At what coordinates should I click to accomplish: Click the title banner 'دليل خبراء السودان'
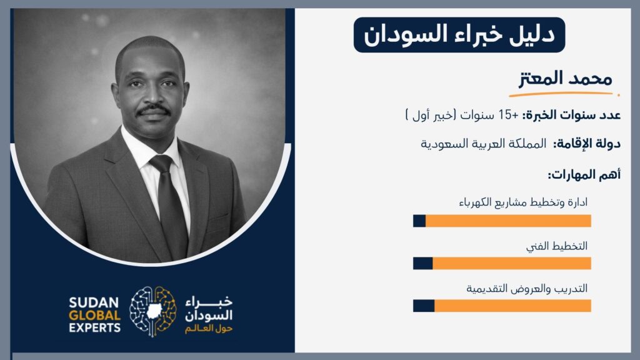coord(459,35)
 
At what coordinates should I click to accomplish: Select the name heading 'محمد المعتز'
coord(565,79)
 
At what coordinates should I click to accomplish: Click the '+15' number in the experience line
coord(509,115)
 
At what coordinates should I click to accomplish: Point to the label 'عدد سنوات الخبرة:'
coord(571,116)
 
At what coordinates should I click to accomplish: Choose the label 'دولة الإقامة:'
coord(586,144)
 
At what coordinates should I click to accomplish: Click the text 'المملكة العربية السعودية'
coord(483,144)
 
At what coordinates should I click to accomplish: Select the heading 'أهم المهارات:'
coord(584,175)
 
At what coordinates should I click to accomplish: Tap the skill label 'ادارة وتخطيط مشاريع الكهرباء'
coord(523,202)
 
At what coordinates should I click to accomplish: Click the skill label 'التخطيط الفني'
coord(557,246)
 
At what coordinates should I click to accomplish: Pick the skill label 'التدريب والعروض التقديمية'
coord(527,289)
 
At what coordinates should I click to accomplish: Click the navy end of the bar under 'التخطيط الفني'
coord(423,263)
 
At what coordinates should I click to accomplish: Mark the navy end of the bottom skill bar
coord(424,306)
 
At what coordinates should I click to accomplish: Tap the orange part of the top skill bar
coord(508,221)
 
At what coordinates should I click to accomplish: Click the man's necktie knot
coord(161,163)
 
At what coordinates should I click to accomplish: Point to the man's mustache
coord(153,110)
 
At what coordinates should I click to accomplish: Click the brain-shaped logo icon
coord(153,311)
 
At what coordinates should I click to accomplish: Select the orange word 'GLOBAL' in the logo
coord(95,316)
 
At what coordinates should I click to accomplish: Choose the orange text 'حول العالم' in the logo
coord(209,329)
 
